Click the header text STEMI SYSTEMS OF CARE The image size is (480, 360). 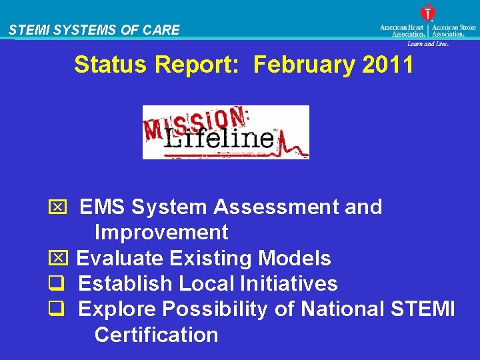coord(94,30)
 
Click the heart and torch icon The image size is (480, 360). coord(427,13)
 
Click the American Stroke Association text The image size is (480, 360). coord(454,31)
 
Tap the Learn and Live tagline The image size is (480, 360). coord(427,43)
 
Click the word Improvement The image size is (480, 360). coord(161,233)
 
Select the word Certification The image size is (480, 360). coord(156,335)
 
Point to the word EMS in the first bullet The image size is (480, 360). coord(103,207)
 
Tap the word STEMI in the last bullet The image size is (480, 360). coord(425,309)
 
